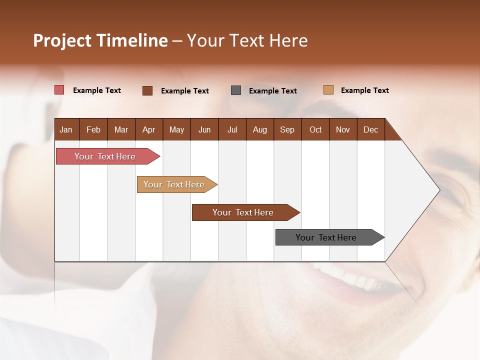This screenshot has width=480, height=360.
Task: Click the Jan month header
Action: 66,129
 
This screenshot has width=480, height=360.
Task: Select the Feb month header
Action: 93,129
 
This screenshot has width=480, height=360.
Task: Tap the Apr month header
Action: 148,129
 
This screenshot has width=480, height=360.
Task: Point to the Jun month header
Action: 204,129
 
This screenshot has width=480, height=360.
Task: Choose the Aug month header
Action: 259,129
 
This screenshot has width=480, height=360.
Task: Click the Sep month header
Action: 287,129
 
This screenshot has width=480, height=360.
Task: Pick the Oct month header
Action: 315,129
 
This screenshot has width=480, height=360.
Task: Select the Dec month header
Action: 370,129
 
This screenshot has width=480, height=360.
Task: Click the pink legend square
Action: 59,90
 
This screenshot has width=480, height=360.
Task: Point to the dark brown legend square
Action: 147,90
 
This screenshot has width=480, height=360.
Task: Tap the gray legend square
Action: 236,90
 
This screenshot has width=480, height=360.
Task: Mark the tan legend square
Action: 328,90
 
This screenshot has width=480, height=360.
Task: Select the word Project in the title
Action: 62,40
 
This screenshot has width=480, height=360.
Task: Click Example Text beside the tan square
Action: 364,90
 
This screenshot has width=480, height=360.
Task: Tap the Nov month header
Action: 342,129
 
